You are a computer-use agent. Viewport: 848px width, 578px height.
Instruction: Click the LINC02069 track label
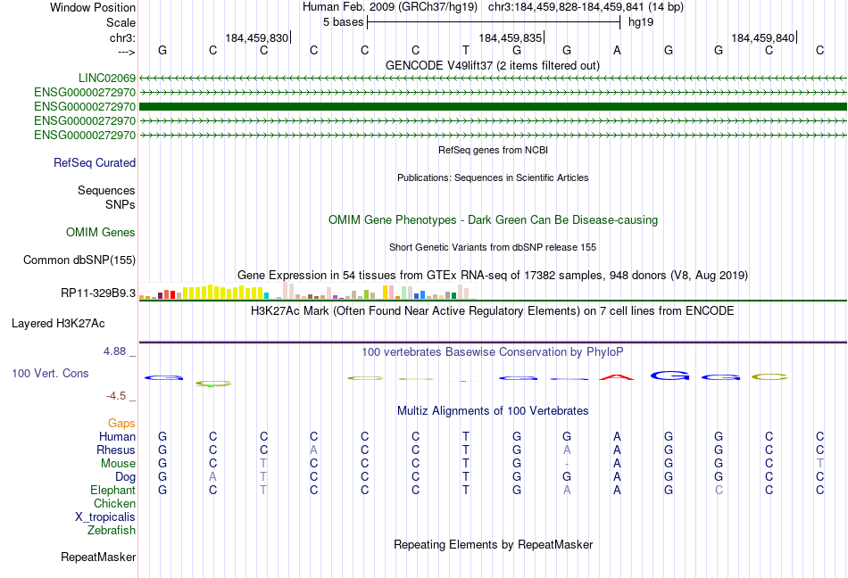[x=106, y=78]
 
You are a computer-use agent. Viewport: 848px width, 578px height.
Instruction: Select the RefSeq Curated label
[x=95, y=163]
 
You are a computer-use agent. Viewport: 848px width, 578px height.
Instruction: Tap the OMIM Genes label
[x=101, y=233]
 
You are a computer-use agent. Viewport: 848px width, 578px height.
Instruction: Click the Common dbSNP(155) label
[x=79, y=260]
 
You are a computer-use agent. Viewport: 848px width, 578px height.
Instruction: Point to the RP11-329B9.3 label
[x=98, y=293]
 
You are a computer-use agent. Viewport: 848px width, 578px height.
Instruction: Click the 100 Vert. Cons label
[x=50, y=373]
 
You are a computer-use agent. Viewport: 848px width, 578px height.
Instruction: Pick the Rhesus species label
[x=116, y=450]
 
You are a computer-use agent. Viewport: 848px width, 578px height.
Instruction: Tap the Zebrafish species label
[x=112, y=531]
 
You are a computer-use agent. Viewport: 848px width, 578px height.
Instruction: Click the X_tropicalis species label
[x=105, y=517]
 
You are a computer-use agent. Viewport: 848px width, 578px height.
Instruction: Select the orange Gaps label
[x=122, y=423]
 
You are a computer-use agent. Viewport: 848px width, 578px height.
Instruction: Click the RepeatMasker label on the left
[x=98, y=557]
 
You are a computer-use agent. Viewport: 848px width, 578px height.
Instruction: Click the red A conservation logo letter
[x=617, y=376]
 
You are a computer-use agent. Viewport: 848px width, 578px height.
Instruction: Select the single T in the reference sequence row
[x=466, y=50]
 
